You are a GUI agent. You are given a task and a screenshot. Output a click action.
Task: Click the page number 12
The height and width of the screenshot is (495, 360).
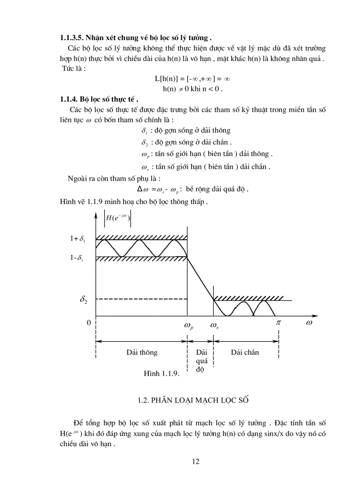(196, 462)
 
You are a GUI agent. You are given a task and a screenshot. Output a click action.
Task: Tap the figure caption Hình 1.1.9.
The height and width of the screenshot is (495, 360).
(161, 373)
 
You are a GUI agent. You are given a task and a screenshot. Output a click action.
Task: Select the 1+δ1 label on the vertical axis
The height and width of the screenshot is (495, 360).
(76, 239)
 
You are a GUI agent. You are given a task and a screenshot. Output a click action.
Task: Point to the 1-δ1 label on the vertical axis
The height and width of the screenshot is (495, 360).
(76, 259)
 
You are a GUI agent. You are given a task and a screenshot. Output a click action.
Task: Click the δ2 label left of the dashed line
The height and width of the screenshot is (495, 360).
(83, 300)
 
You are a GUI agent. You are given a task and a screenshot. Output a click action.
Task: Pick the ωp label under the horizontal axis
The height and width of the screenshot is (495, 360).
(188, 327)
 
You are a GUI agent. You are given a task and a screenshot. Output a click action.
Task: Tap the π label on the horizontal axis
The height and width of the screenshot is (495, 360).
(278, 323)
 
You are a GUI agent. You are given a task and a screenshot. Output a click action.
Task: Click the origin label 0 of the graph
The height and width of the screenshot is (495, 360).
(89, 323)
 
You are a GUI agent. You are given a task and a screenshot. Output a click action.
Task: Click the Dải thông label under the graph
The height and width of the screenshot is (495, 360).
(142, 352)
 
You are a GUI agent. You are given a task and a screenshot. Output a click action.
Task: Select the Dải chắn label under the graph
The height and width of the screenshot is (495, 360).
(245, 352)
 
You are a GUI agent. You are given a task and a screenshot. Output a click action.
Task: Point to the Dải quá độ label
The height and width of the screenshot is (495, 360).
(201, 361)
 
